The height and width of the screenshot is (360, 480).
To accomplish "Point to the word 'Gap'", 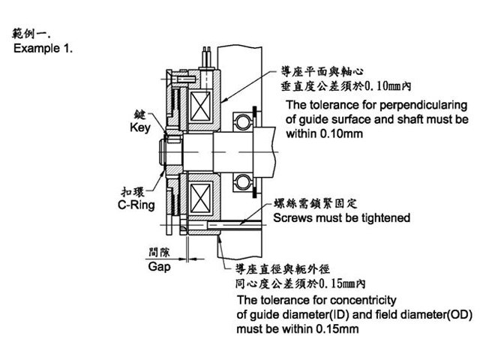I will click(x=160, y=266).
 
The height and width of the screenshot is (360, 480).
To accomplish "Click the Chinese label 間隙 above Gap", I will click(x=160, y=253).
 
